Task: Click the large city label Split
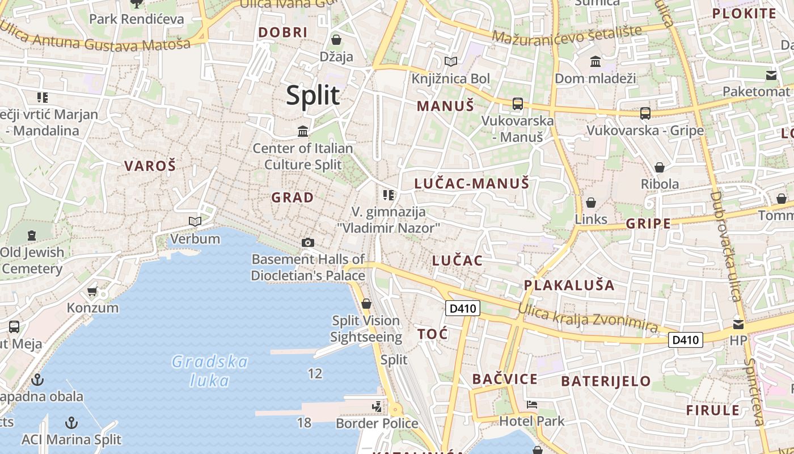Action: point(313,95)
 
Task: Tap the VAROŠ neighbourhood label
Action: point(150,166)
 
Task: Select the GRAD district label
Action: point(292,197)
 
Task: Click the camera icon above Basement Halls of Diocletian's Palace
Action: point(308,243)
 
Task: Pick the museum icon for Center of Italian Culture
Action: point(303,132)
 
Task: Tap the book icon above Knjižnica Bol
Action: point(451,61)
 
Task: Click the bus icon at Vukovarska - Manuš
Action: point(517,104)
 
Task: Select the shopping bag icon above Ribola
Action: point(659,167)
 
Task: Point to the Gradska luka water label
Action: point(210,371)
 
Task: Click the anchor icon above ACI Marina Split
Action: point(71,423)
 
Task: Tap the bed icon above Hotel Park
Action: point(531,405)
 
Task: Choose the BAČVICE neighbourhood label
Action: point(505,379)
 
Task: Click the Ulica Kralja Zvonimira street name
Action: point(588,318)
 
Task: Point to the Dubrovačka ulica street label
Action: point(726,247)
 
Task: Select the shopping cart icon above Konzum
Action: point(92,292)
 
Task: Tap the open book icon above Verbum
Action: point(195,221)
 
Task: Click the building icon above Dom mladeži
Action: point(595,61)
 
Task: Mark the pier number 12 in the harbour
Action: point(315,373)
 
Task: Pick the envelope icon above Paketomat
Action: point(771,75)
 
